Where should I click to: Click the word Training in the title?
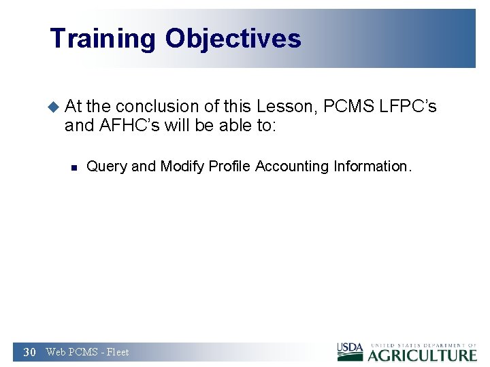coord(103,39)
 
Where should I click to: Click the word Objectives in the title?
coord(233,39)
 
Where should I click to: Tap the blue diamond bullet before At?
coord(54,106)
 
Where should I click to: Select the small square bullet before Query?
coord(76,167)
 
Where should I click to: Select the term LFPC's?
coord(407,106)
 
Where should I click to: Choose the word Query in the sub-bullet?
coord(107,167)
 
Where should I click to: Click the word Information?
coord(372,167)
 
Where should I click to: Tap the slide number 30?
coord(29,352)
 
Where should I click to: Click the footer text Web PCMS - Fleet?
coord(87,352)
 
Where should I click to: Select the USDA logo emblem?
coord(350,351)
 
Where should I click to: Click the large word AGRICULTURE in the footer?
coord(423,355)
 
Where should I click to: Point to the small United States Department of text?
coord(423,345)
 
